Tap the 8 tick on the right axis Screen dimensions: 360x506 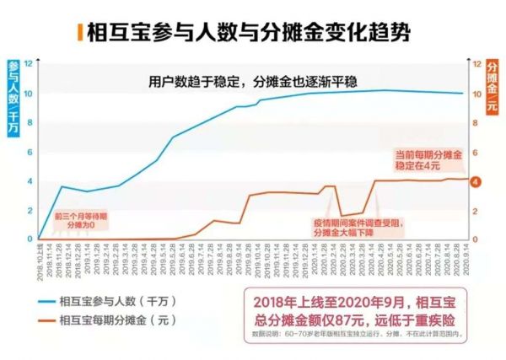(476, 123)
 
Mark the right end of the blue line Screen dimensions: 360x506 (463, 93)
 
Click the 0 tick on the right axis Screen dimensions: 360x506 (476, 239)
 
